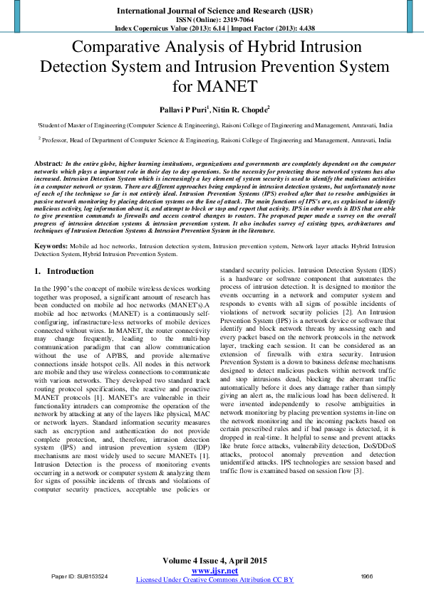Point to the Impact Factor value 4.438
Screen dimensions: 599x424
(301, 29)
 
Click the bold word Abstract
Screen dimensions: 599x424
(48, 164)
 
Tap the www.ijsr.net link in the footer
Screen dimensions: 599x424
(214, 571)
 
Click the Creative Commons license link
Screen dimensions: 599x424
(214, 580)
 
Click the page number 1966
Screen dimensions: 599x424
(367, 576)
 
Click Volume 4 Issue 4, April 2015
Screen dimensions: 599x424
(214, 561)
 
